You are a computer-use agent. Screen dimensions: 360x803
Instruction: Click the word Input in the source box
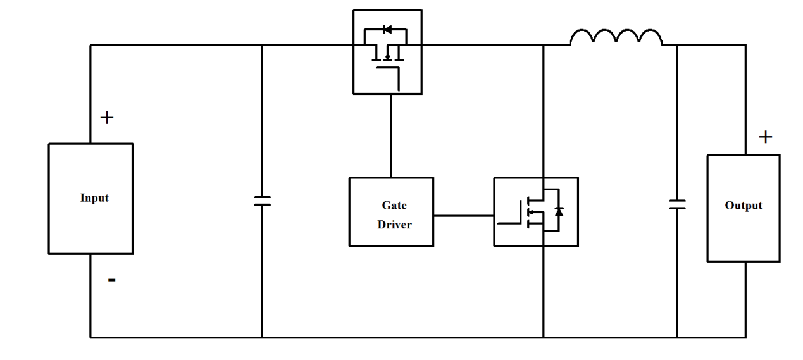(94, 198)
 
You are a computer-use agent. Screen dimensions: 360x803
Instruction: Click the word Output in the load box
(743, 206)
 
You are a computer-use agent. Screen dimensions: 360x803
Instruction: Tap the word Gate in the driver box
(394, 206)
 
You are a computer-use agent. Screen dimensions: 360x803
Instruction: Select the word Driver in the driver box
(394, 225)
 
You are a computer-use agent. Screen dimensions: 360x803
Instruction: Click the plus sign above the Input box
(107, 118)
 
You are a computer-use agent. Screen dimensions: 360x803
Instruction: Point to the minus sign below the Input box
(111, 280)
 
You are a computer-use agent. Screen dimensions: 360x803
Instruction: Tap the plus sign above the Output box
(766, 137)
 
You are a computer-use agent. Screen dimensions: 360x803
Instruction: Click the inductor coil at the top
(616, 38)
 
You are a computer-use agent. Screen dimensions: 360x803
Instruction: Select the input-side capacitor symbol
(262, 201)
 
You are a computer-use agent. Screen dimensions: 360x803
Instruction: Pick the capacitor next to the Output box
(677, 204)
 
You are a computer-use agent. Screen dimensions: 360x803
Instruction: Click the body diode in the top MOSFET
(387, 29)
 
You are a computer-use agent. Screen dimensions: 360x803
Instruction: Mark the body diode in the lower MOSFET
(558, 211)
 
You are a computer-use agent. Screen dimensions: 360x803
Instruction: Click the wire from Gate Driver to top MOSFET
(390, 136)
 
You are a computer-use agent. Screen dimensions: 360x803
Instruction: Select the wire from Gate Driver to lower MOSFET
(463, 216)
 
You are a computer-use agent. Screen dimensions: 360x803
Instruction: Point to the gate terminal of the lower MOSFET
(509, 222)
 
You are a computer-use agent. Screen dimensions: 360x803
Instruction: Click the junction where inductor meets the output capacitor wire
(677, 45)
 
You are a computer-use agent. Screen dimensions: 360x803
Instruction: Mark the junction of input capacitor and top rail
(262, 45)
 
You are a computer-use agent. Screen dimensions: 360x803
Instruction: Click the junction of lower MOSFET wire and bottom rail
(544, 337)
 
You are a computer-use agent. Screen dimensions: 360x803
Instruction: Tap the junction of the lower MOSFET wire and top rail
(544, 45)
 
